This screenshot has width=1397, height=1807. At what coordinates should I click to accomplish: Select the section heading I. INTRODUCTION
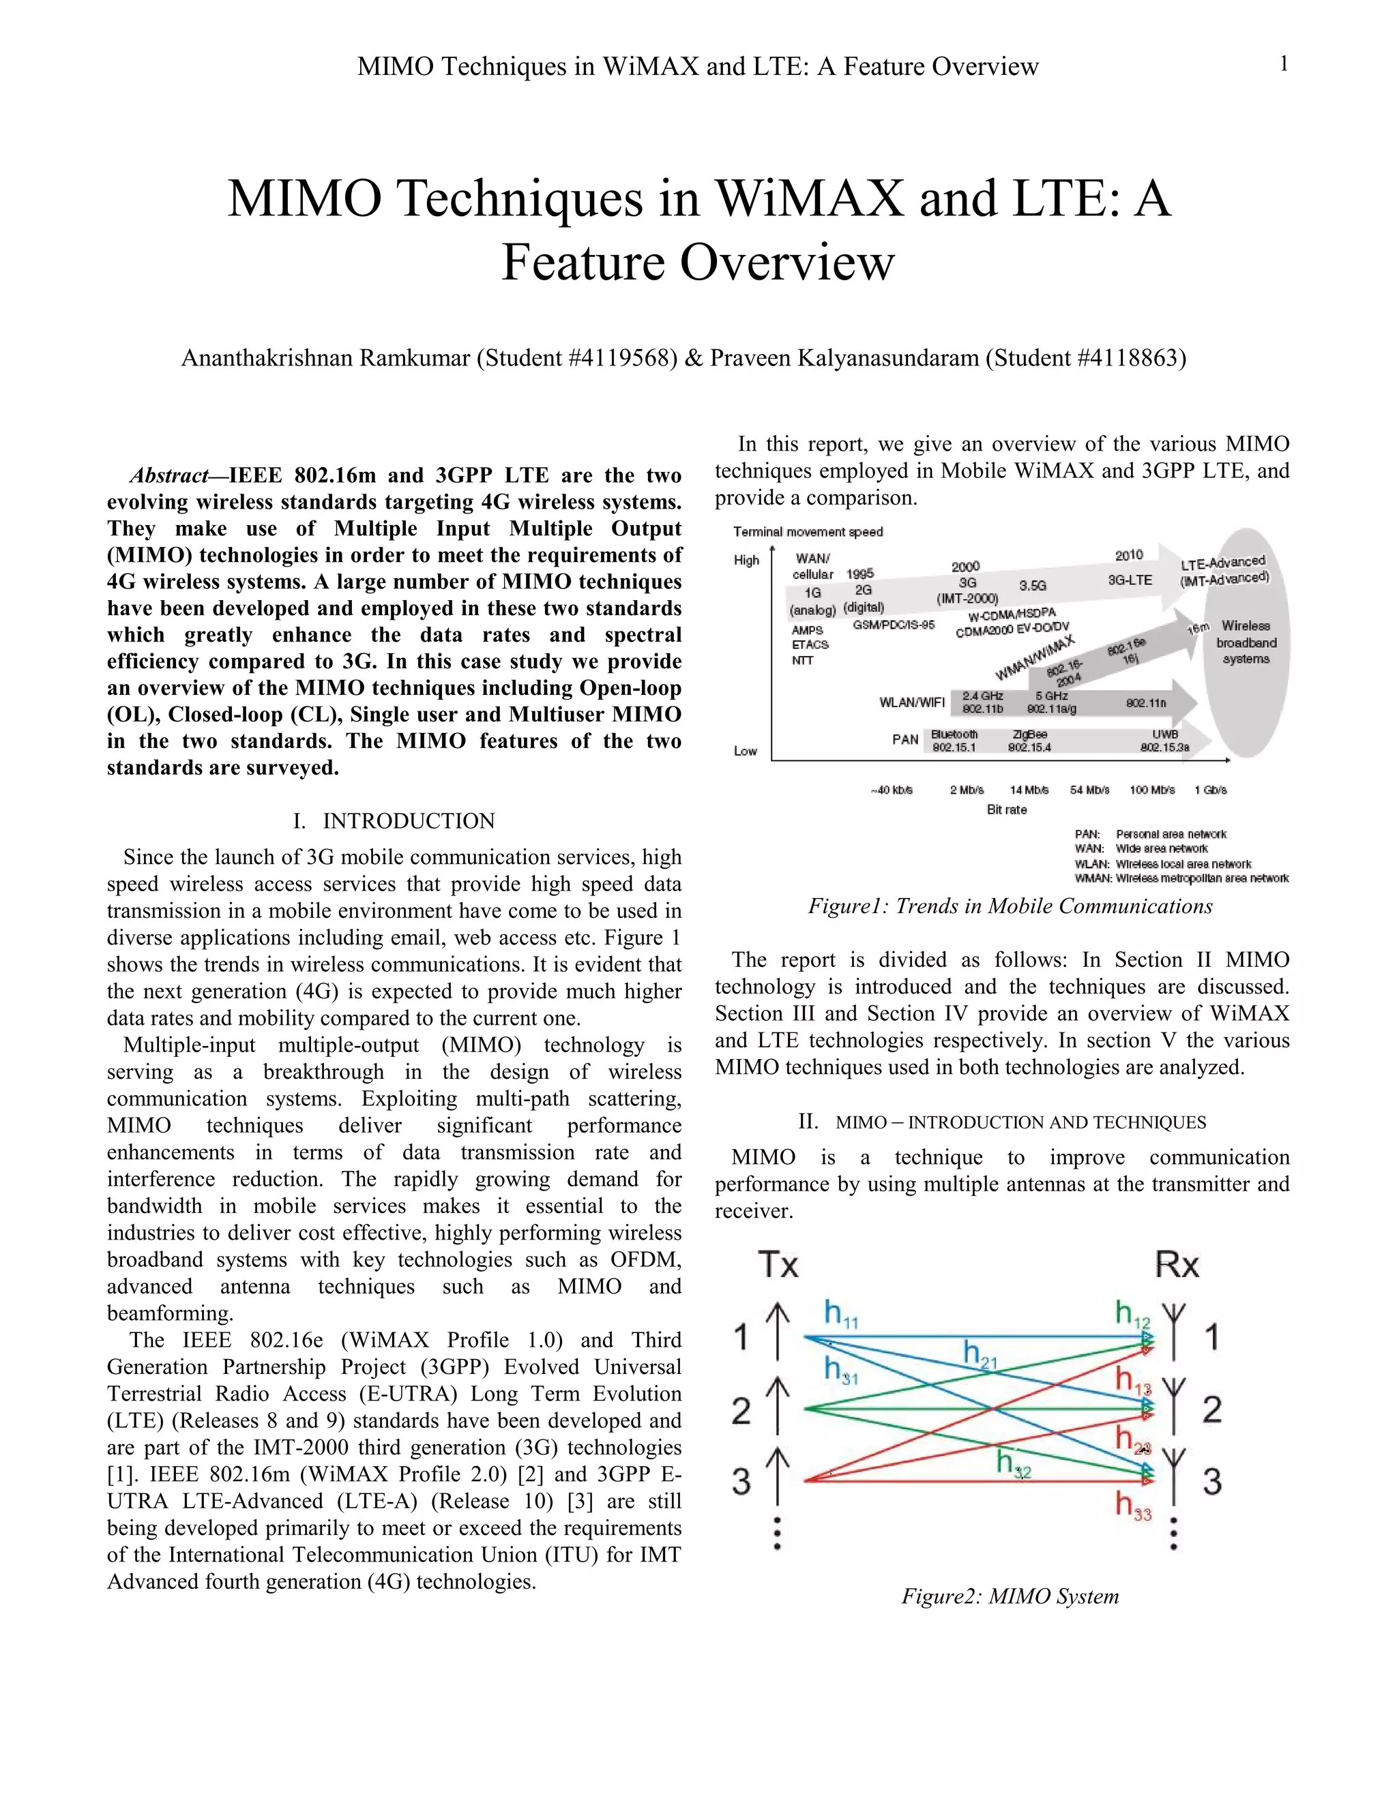[394, 821]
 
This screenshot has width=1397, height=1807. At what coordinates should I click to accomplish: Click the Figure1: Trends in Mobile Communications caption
[1010, 906]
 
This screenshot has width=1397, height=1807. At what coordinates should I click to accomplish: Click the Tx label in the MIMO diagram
[778, 1265]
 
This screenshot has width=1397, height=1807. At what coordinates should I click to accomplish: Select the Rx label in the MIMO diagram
[1177, 1265]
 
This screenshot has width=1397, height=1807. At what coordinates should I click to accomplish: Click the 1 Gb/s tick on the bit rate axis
[1210, 790]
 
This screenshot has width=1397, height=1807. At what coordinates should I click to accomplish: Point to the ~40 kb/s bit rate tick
[892, 790]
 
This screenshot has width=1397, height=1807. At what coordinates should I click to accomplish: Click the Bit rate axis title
[1006, 810]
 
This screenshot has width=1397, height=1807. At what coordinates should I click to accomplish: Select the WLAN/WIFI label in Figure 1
[911, 702]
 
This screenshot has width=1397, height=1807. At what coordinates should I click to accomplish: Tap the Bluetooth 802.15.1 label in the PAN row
[954, 741]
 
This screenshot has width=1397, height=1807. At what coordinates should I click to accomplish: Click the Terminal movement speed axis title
[808, 532]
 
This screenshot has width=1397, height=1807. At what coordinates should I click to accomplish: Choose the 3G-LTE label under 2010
[1130, 580]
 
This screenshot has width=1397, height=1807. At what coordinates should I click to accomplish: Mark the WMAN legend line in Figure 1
[1181, 878]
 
